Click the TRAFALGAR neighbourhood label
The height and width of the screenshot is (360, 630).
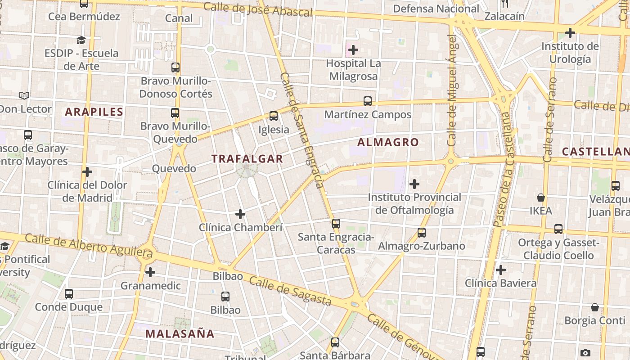click(x=247, y=159)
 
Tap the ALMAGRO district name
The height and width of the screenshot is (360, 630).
click(x=388, y=143)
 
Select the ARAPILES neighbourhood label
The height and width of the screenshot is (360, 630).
click(x=94, y=112)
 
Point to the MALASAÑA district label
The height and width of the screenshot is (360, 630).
click(x=180, y=334)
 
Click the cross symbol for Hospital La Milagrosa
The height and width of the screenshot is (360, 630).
click(x=353, y=49)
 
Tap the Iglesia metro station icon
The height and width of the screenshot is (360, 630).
click(x=274, y=116)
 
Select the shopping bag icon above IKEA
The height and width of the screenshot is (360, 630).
click(x=541, y=198)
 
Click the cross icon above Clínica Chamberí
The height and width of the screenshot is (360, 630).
click(x=240, y=214)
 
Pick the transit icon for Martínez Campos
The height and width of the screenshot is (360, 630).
click(x=368, y=101)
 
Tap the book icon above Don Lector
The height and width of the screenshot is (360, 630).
click(x=24, y=95)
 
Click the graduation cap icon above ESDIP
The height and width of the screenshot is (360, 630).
click(x=81, y=40)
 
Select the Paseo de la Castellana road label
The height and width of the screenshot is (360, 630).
click(x=504, y=169)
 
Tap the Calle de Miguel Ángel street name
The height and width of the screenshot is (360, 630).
click(x=452, y=90)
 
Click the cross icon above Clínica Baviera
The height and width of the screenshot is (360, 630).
click(x=500, y=270)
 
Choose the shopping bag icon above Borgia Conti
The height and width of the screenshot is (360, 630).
click(x=595, y=307)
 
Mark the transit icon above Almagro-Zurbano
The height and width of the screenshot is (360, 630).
click(x=421, y=233)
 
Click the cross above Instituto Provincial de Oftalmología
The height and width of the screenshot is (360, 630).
click(x=414, y=184)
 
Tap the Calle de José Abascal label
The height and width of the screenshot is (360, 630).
click(x=258, y=9)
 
